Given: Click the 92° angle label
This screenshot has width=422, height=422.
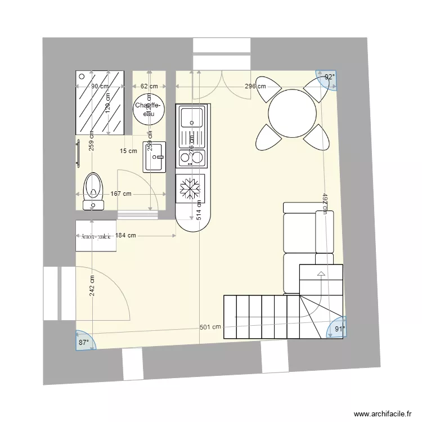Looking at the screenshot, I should pyautogui.click(x=329, y=77).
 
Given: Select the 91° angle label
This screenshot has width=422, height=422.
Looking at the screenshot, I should pyautogui.click(x=339, y=329).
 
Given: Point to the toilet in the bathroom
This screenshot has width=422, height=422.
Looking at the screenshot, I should pyautogui.click(x=93, y=190).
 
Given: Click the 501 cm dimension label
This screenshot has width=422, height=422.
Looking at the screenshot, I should pyautogui.click(x=210, y=327).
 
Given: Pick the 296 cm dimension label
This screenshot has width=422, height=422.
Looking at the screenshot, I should pyautogui.click(x=255, y=86).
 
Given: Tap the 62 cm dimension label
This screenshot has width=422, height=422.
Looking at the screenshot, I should pyautogui.click(x=149, y=86).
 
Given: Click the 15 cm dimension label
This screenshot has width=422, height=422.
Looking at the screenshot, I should pyautogui.click(x=128, y=151).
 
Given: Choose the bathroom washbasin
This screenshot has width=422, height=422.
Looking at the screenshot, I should pyautogui.click(x=155, y=156).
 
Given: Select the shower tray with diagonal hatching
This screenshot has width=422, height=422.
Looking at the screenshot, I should pyautogui.click(x=100, y=104).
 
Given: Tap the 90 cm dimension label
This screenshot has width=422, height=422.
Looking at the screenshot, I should pyautogui.click(x=100, y=86).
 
